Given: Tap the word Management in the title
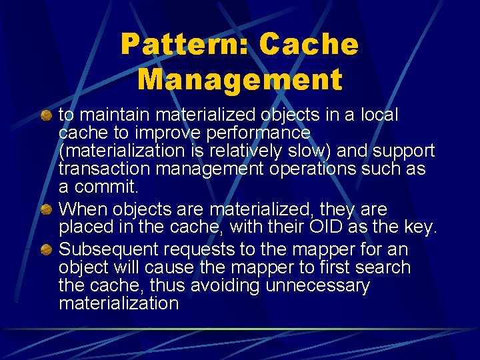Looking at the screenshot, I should point(240,79).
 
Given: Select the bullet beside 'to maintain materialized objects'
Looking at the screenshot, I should point(46,116).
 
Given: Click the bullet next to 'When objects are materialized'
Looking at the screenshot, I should point(46,210).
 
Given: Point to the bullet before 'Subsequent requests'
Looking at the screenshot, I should point(46,250).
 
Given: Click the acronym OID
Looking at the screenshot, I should point(327,227).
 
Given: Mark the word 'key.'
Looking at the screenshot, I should point(420,227).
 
